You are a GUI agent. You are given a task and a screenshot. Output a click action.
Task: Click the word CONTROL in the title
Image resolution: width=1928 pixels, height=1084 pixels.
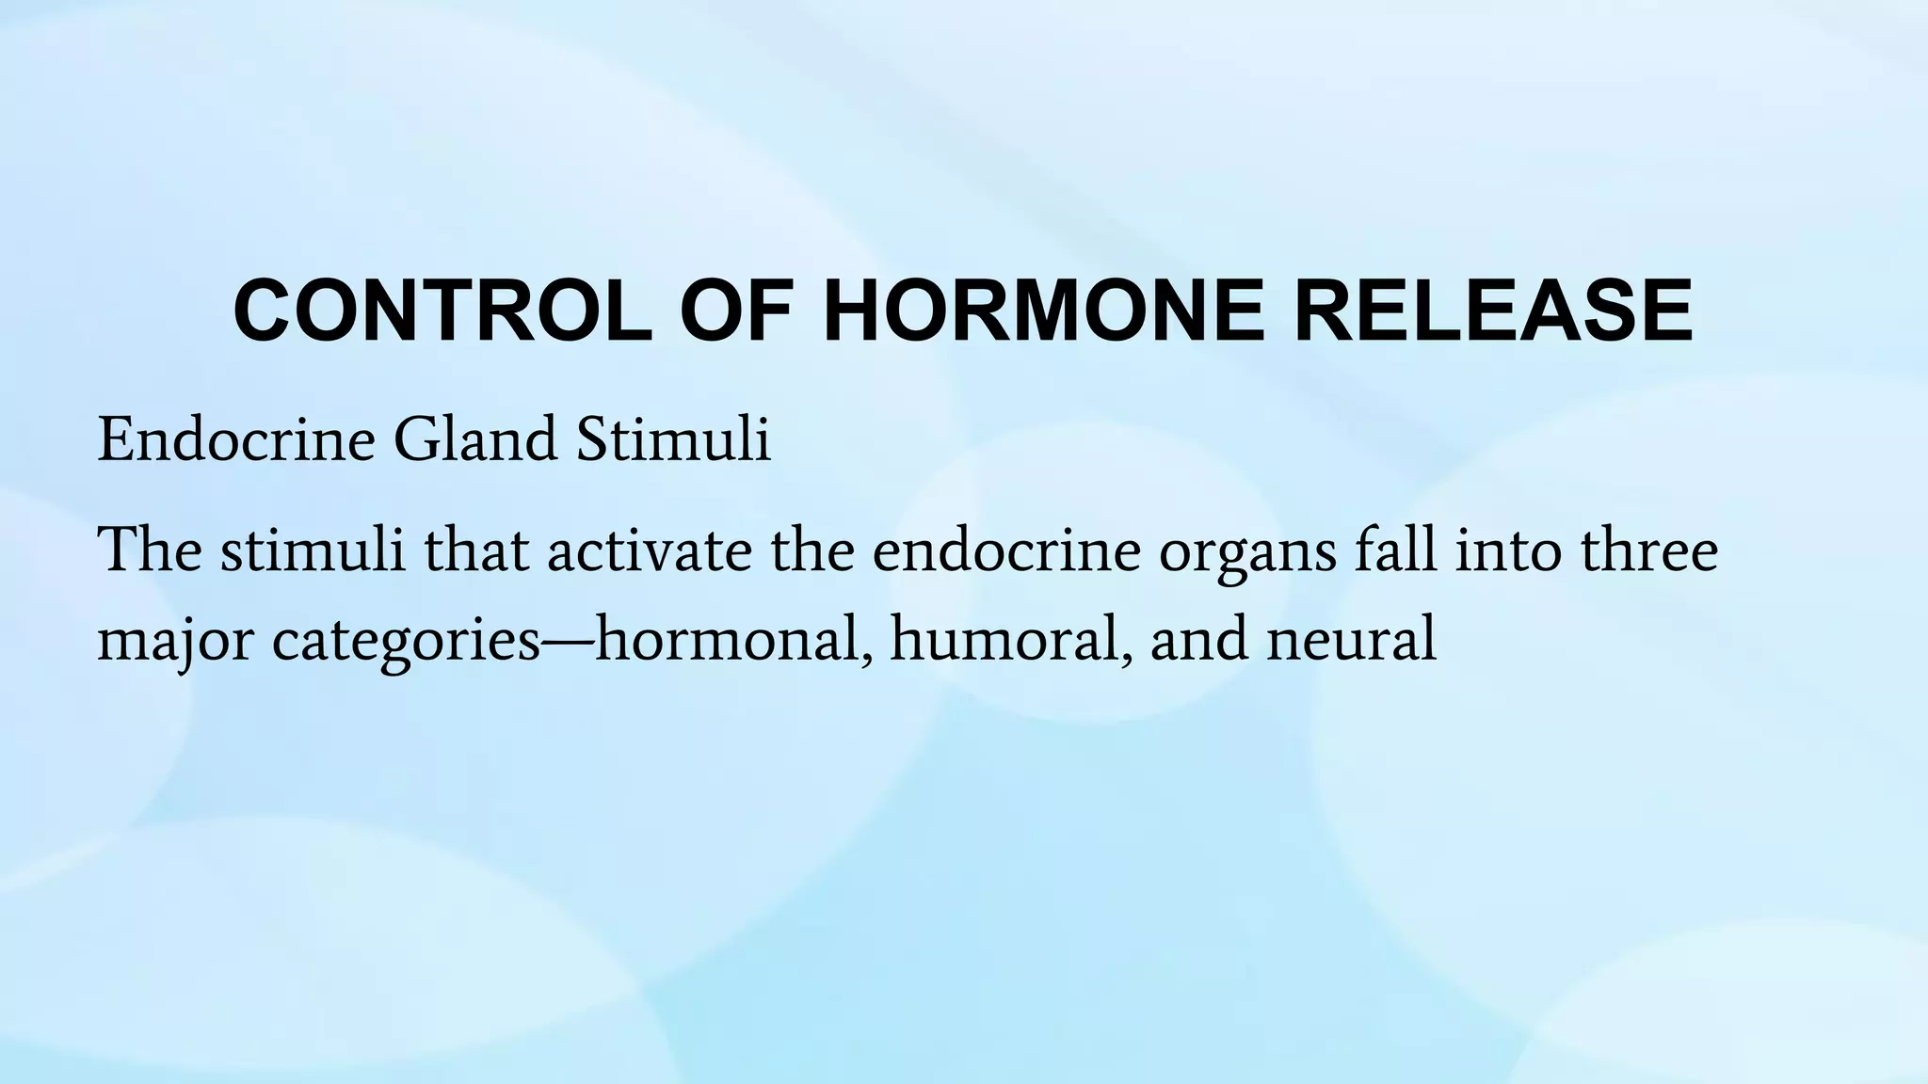click(442, 311)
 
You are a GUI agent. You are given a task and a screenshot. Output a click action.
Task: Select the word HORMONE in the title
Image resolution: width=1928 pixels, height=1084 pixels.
click(1045, 311)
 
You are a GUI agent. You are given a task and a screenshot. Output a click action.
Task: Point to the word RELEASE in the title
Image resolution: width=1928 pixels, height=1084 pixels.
click(1493, 311)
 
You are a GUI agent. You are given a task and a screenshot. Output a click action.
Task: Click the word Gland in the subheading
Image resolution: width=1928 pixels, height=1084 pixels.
click(475, 439)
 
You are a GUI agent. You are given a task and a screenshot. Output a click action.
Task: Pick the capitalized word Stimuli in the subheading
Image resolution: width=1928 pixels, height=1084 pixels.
click(673, 439)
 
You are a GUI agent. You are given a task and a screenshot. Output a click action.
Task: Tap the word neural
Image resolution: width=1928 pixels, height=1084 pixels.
click(1352, 640)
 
